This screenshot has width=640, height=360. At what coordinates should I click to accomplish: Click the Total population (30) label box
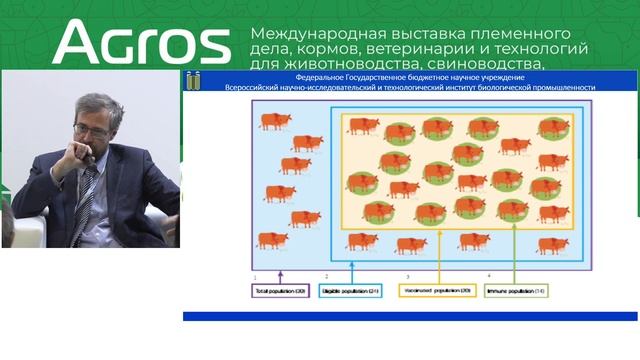click(x=280, y=291)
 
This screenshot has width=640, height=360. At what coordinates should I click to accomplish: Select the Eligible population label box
click(x=351, y=291)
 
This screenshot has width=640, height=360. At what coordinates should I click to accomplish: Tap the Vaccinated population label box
click(x=439, y=291)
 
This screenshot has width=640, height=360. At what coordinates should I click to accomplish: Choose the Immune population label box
click(x=515, y=291)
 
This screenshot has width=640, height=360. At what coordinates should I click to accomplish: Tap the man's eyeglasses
click(x=89, y=129)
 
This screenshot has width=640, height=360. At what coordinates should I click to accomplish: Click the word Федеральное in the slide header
click(x=320, y=77)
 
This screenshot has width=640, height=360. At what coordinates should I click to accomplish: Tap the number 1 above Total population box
click(x=256, y=276)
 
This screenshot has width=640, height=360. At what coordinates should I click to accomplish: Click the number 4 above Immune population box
click(x=489, y=275)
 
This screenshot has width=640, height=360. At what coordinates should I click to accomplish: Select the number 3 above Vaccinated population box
click(x=407, y=276)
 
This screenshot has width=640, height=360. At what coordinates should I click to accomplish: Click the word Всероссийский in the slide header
click(x=261, y=87)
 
